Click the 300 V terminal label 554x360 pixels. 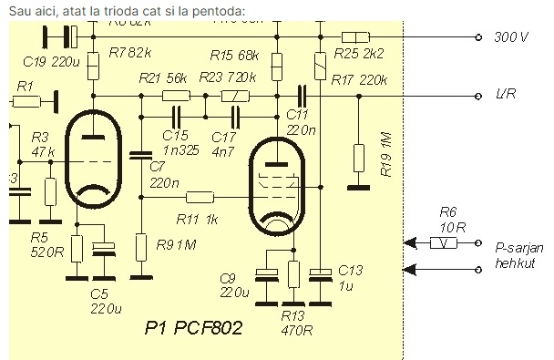pos(511,37)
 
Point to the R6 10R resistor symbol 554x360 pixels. pos(444,243)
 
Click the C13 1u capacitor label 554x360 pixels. pos(350,278)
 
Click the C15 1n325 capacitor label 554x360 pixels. pos(181,141)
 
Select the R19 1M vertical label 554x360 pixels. pos(387,158)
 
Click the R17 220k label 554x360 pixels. pos(359,80)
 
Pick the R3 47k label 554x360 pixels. pos(43,144)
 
